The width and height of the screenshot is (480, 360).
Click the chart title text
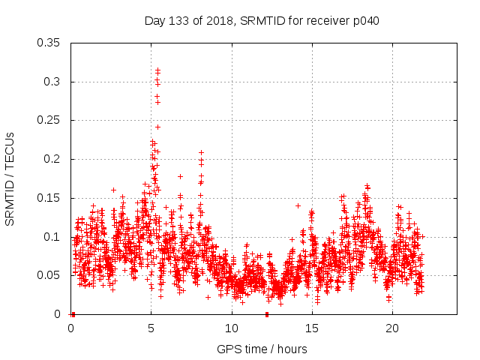pyautogui.click(x=262, y=21)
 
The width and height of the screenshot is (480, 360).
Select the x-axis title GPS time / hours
pyautogui.click(x=262, y=349)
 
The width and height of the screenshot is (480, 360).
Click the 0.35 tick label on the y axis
pyautogui.click(x=50, y=43)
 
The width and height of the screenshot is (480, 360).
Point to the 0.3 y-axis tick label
pyautogui.click(x=53, y=82)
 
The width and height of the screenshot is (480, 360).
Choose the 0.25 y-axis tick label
pyautogui.click(x=50, y=120)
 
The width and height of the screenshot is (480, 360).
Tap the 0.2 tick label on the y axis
pyautogui.click(x=53, y=159)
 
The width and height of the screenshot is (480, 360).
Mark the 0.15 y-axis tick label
pyautogui.click(x=50, y=198)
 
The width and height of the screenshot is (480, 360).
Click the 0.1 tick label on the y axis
pyautogui.click(x=53, y=236)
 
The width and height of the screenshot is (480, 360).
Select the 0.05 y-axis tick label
pyautogui.click(x=50, y=275)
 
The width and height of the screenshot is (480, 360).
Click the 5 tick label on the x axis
pyautogui.click(x=151, y=328)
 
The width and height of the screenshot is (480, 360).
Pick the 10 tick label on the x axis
pyautogui.click(x=232, y=328)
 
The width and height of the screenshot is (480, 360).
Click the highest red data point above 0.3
pyautogui.click(x=157, y=70)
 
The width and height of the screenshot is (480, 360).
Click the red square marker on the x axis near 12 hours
pyautogui.click(x=267, y=314)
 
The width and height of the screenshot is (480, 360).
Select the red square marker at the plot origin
pyautogui.click(x=73, y=314)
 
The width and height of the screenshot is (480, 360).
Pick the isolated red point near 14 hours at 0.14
pyautogui.click(x=298, y=205)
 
